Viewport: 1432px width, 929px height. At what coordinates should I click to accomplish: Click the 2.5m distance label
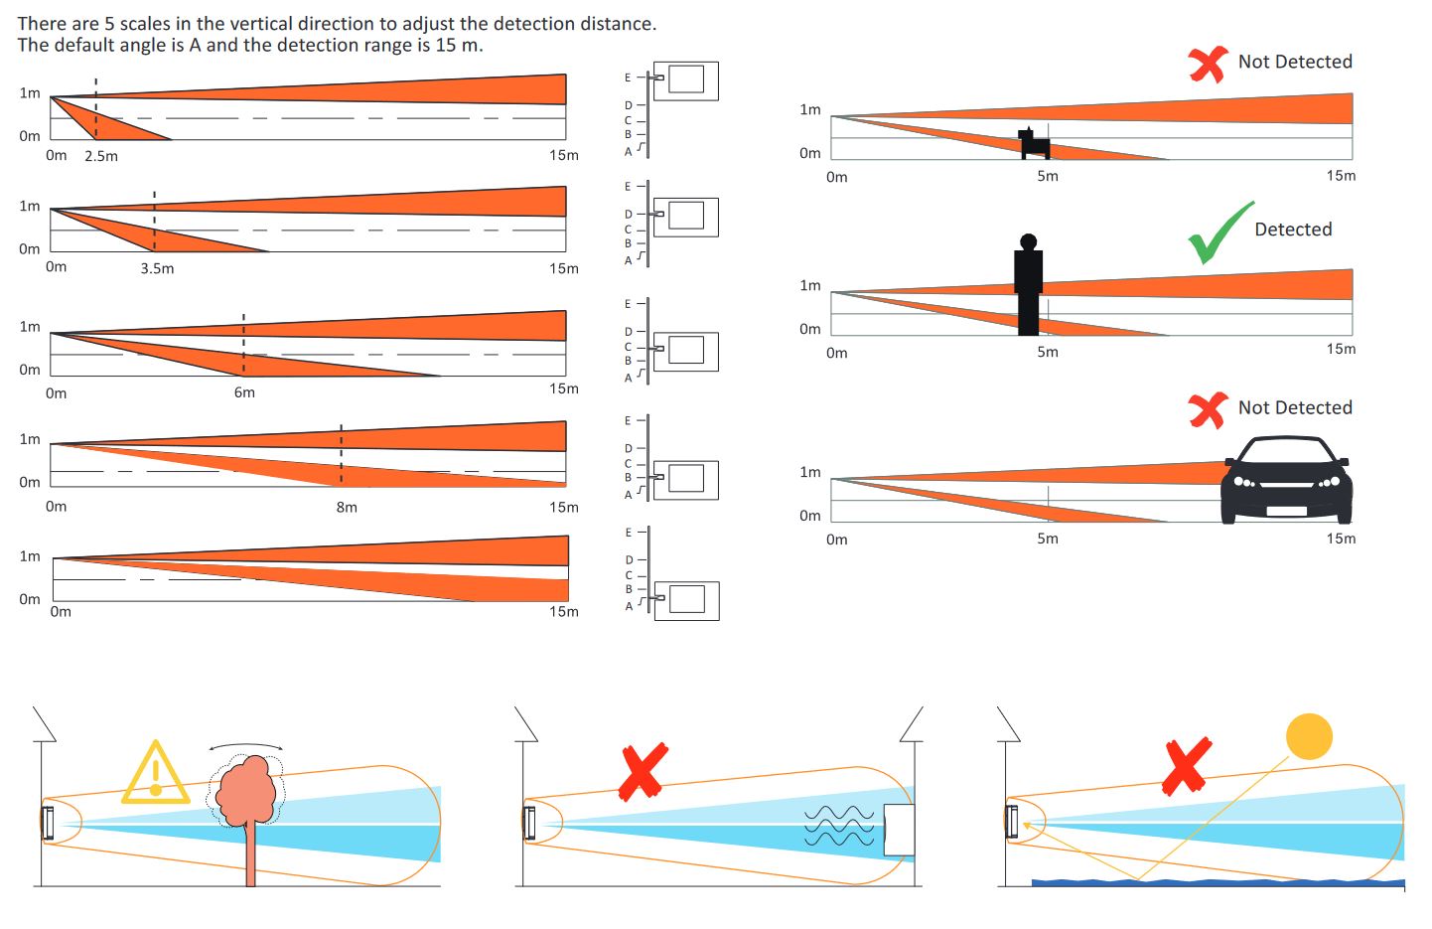(x=101, y=156)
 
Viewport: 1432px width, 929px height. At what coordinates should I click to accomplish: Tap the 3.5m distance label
(x=157, y=268)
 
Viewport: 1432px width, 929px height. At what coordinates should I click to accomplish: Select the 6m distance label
(x=244, y=392)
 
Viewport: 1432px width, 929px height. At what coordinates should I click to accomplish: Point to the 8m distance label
(x=347, y=507)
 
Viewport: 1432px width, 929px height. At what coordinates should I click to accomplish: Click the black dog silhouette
(x=1035, y=144)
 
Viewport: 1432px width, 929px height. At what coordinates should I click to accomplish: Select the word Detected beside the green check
(x=1293, y=230)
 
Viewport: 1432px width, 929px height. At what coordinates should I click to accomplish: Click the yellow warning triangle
(x=155, y=774)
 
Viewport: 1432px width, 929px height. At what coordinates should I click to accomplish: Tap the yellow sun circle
(x=1309, y=736)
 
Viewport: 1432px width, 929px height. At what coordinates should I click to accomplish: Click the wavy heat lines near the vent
(x=840, y=826)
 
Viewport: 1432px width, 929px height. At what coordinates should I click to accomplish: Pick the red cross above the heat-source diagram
(x=644, y=771)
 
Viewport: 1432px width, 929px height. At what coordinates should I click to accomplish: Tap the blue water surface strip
(x=1217, y=881)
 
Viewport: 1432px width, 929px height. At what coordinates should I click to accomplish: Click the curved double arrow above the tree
(x=245, y=745)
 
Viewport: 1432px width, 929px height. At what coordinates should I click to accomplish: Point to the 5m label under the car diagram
(x=1048, y=539)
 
